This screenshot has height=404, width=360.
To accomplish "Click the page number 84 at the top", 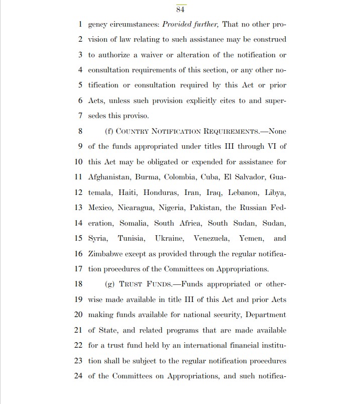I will coord(181,9).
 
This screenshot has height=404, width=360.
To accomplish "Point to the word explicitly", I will coord(190,100).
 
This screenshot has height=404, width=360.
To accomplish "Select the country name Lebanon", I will coord(243,192).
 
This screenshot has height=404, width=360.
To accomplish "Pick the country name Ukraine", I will coord(172,238).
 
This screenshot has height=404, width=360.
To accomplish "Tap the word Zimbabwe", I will coord(106,254).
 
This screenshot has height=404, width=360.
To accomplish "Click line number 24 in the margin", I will coord(78,376).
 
